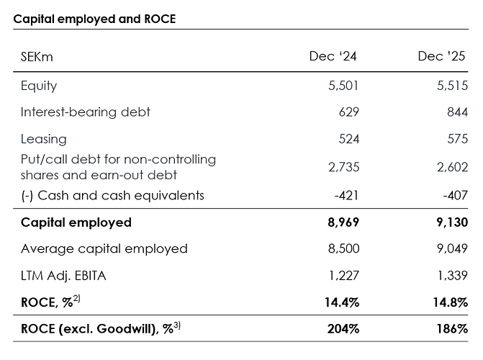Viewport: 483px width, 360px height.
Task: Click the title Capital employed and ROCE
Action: click(94, 19)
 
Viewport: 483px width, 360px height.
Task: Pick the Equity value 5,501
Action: click(343, 86)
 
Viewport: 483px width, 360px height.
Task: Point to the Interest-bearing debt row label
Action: click(86, 112)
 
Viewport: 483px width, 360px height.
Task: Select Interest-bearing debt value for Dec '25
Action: click(457, 112)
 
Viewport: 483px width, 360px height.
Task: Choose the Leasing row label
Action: click(43, 139)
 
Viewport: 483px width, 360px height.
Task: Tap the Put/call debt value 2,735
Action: click(343, 167)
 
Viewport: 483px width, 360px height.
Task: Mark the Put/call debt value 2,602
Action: click(452, 167)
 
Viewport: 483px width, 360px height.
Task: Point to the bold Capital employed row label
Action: click(76, 222)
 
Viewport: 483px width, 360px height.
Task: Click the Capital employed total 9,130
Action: click(451, 222)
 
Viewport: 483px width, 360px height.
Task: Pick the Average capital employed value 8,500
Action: click(343, 249)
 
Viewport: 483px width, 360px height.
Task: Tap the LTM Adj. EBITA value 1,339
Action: click(452, 276)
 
